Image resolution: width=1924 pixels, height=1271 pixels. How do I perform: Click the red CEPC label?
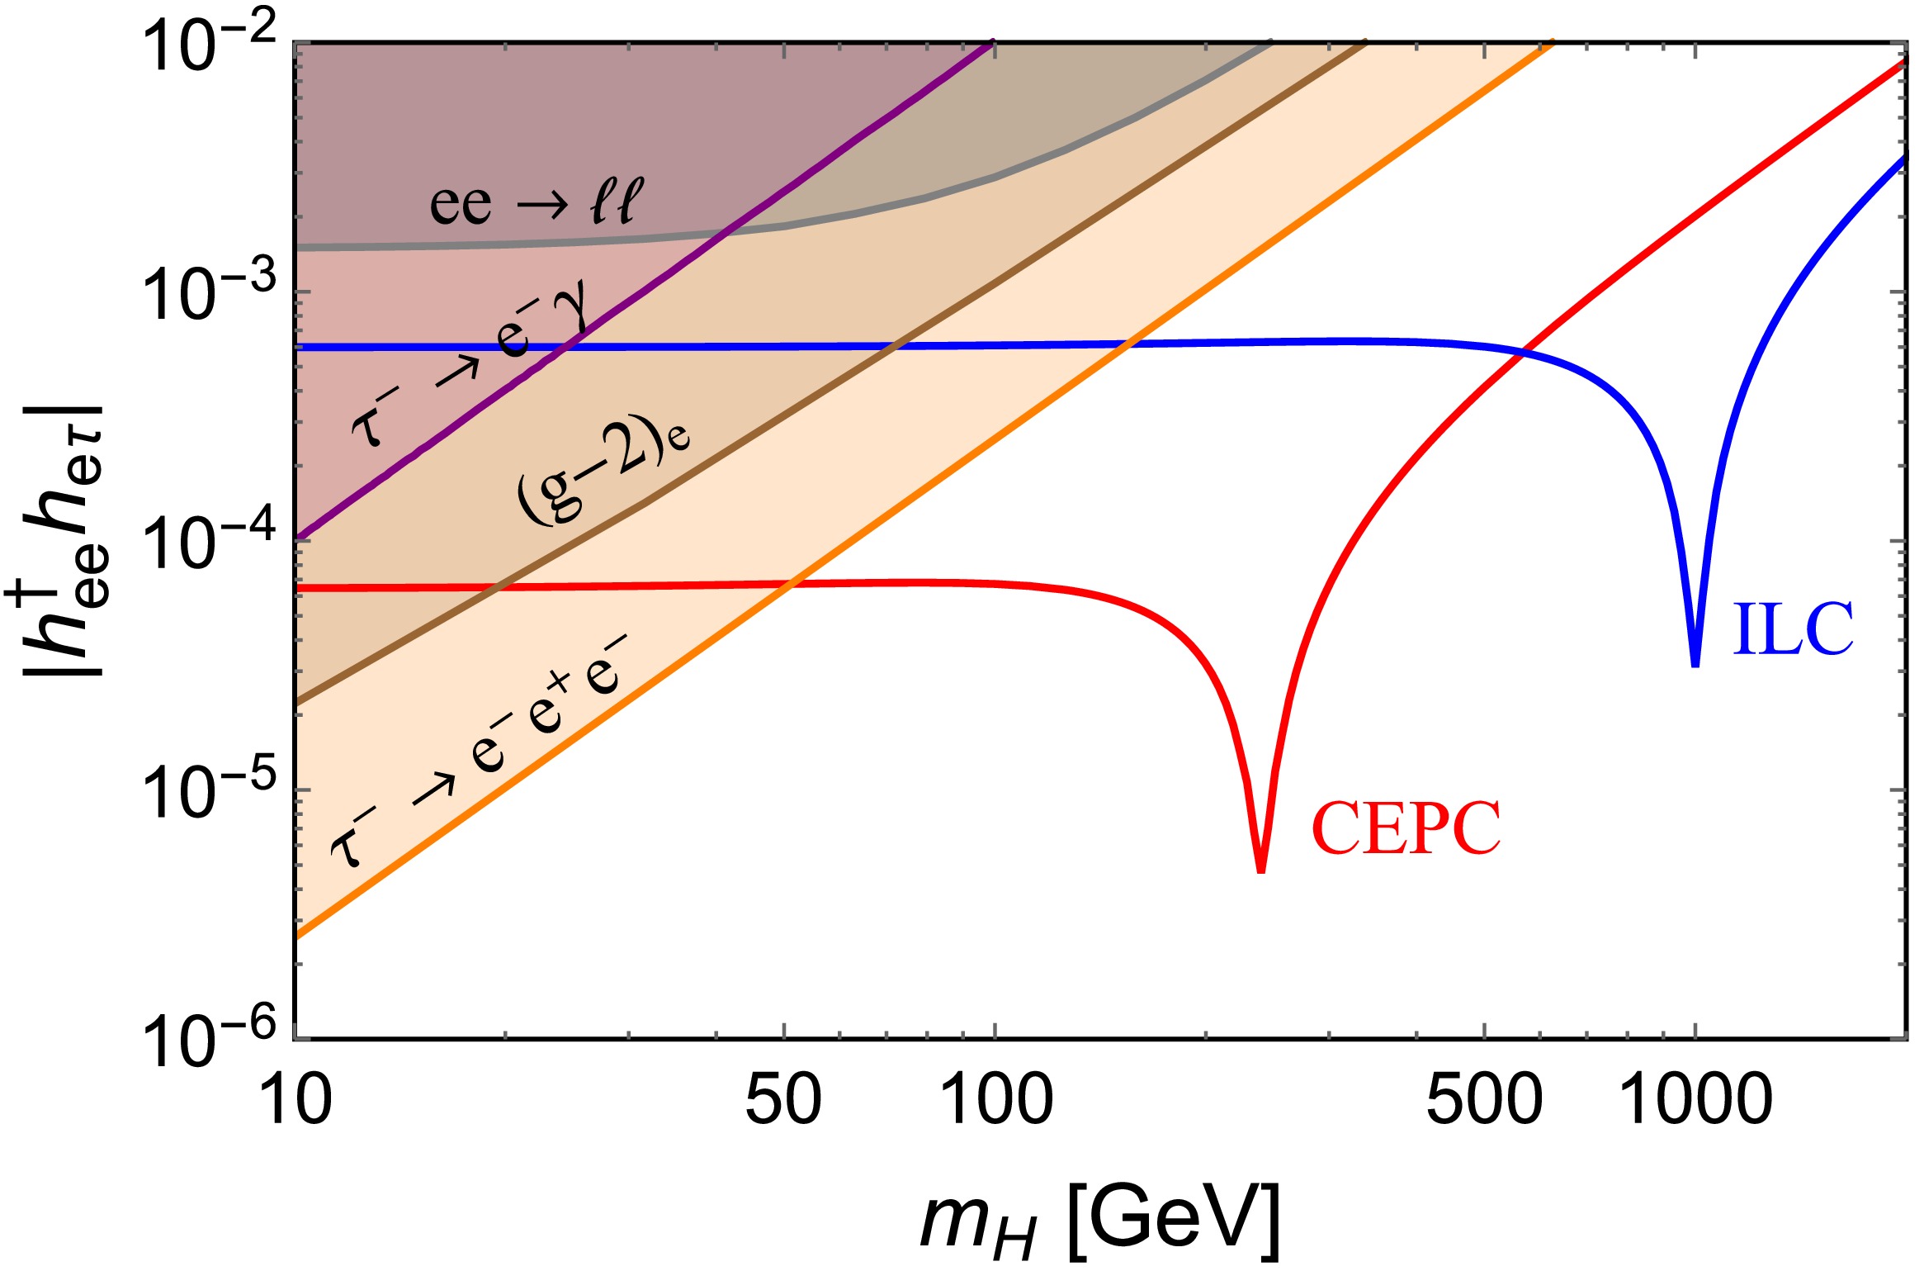tap(1406, 829)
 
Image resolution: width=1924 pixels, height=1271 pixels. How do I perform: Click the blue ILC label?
tap(1793, 629)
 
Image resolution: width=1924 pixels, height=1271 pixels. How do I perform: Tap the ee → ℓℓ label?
tap(536, 202)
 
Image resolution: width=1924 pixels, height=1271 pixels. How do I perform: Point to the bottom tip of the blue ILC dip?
tap(1695, 664)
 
